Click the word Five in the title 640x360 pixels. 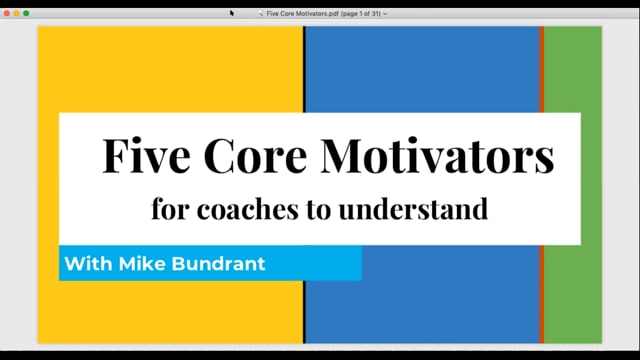click(x=146, y=156)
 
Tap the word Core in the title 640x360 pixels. click(x=255, y=156)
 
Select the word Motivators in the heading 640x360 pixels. click(x=438, y=156)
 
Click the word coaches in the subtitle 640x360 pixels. click(x=248, y=209)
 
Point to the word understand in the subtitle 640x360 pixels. click(x=413, y=209)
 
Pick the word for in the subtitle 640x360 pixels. click(x=171, y=209)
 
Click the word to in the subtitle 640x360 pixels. click(x=319, y=210)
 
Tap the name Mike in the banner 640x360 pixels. click(x=142, y=264)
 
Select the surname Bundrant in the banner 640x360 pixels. click(x=218, y=264)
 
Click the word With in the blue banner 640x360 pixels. click(x=88, y=264)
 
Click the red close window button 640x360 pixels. click(x=7, y=13)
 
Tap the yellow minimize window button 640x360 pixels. click(x=16, y=13)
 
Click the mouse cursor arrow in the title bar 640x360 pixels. click(x=231, y=13)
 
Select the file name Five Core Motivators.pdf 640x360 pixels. click(x=302, y=13)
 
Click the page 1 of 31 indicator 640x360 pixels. click(x=361, y=13)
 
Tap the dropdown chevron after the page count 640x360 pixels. click(x=385, y=14)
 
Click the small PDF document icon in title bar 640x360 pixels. click(x=260, y=13)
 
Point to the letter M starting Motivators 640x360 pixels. click(x=341, y=156)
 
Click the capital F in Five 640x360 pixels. click(x=116, y=156)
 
